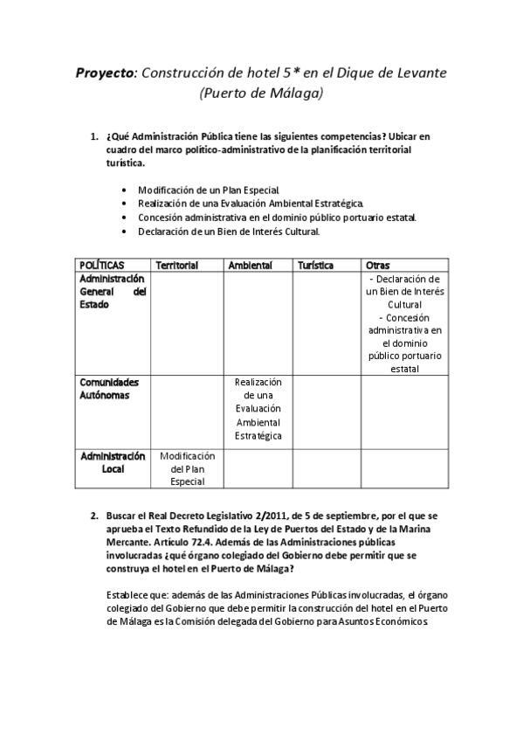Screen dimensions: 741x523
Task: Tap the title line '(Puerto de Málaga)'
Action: (261, 93)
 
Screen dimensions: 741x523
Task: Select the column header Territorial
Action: (176, 265)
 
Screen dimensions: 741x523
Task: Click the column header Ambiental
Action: (250, 265)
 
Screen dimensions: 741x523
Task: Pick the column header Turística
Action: (315, 265)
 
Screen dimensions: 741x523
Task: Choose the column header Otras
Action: (379, 265)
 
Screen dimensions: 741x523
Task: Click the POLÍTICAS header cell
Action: (101, 265)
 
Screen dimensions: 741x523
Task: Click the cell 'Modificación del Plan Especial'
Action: (187, 468)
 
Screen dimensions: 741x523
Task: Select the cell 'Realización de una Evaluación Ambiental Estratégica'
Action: (258, 409)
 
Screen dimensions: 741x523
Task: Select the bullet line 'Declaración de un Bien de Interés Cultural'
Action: (229, 232)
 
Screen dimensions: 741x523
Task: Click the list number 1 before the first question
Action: (94, 137)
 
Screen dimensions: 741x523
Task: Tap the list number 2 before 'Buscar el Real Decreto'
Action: (94, 516)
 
